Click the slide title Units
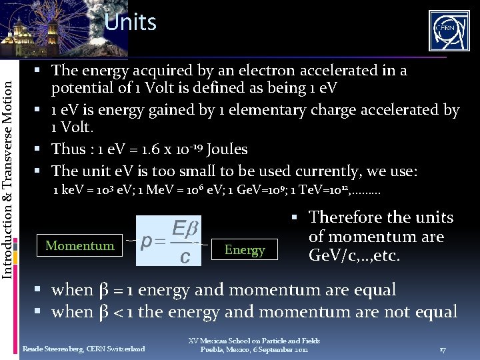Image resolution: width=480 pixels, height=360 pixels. pyautogui.click(x=130, y=23)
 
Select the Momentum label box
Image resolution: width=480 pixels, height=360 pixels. pyautogui.click(x=79, y=246)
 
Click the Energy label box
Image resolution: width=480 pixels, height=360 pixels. pyautogui.click(x=245, y=250)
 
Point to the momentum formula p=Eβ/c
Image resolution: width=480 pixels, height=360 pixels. pyautogui.click(x=169, y=240)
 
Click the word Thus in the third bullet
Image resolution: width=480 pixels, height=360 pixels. pyautogui.click(x=69, y=149)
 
